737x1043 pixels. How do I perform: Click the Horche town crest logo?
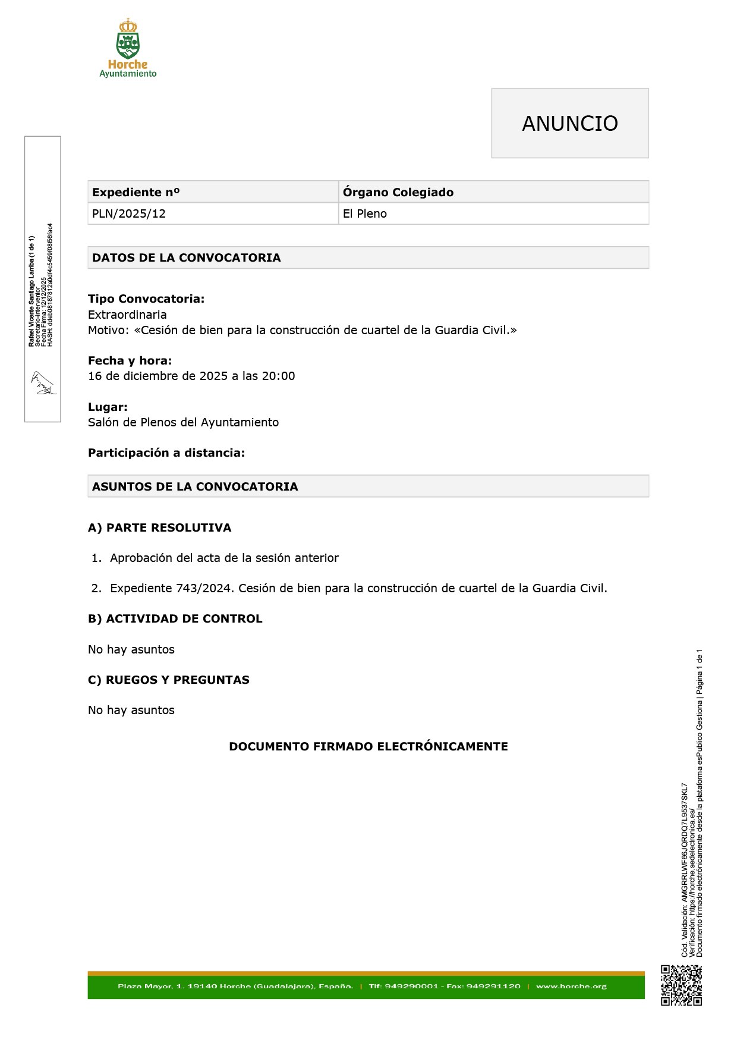128,42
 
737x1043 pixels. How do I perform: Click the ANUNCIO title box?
569,123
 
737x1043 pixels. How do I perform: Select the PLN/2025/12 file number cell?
129,214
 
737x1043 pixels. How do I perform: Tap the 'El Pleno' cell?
365,214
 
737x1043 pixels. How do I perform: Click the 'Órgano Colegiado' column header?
398,192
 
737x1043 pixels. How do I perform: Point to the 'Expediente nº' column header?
136,192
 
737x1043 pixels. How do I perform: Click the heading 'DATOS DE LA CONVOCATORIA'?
186,257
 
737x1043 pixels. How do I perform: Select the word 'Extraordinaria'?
127,315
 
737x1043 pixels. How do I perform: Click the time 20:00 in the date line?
279,376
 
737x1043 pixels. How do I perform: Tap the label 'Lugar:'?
108,407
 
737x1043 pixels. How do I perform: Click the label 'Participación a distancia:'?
166,453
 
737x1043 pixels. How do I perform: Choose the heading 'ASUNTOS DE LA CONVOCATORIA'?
195,486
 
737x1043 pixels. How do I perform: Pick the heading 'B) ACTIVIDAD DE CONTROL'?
175,618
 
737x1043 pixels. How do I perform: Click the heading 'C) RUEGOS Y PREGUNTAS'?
169,680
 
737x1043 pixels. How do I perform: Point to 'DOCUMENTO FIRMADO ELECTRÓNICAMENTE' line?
368,746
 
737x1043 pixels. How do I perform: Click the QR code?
682,985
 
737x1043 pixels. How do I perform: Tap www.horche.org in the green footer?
571,986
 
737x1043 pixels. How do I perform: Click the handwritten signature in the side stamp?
43,384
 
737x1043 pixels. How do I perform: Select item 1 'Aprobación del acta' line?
224,558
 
